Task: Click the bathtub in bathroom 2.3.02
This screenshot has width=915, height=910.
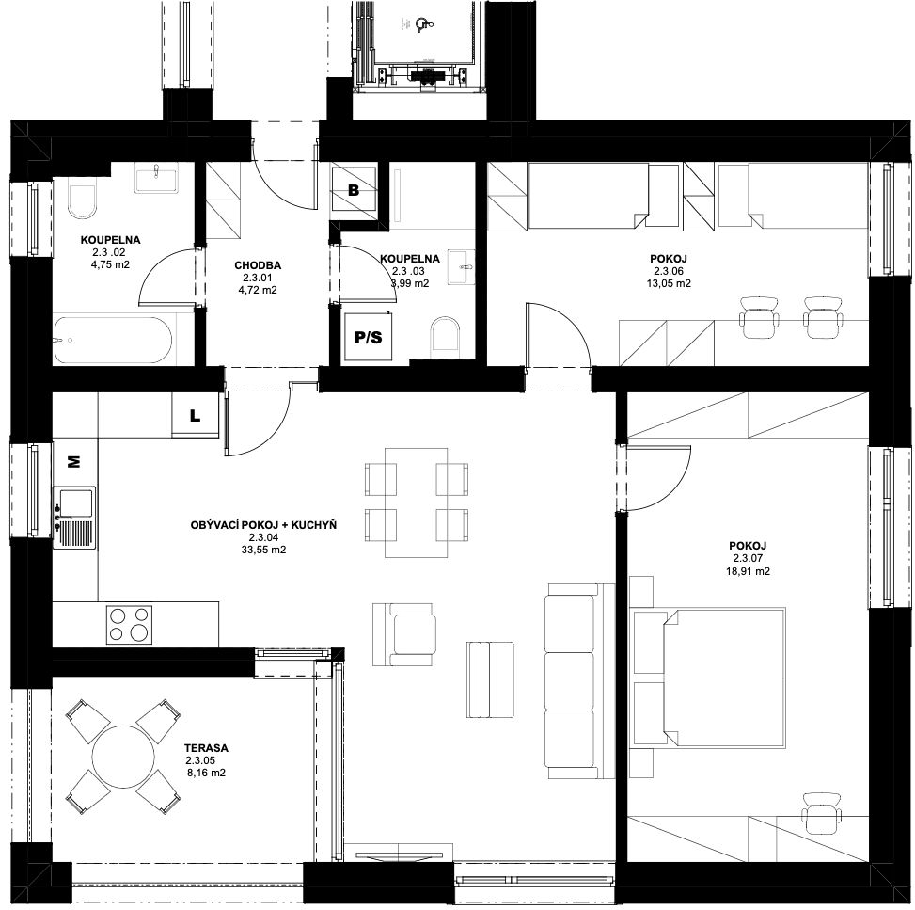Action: tap(113, 340)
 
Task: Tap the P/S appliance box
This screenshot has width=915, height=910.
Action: tap(369, 337)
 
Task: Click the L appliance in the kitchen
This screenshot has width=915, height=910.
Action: tap(195, 415)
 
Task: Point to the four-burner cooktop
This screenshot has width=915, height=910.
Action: tap(129, 624)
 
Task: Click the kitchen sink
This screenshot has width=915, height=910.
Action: tap(73, 518)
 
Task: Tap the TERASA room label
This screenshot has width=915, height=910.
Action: tap(206, 747)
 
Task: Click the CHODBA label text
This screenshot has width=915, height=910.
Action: tap(258, 265)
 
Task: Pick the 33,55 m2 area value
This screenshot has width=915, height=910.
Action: tap(263, 550)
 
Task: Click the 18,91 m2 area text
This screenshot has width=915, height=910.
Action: tap(748, 571)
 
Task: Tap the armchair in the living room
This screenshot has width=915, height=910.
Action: tap(404, 635)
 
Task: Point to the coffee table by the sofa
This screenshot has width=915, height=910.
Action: tap(490, 679)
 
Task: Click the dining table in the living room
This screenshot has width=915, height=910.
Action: tap(416, 503)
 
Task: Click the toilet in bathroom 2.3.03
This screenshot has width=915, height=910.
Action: tap(445, 338)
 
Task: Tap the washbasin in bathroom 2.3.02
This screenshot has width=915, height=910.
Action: tap(156, 178)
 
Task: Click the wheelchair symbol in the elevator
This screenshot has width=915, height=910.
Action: tap(423, 24)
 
